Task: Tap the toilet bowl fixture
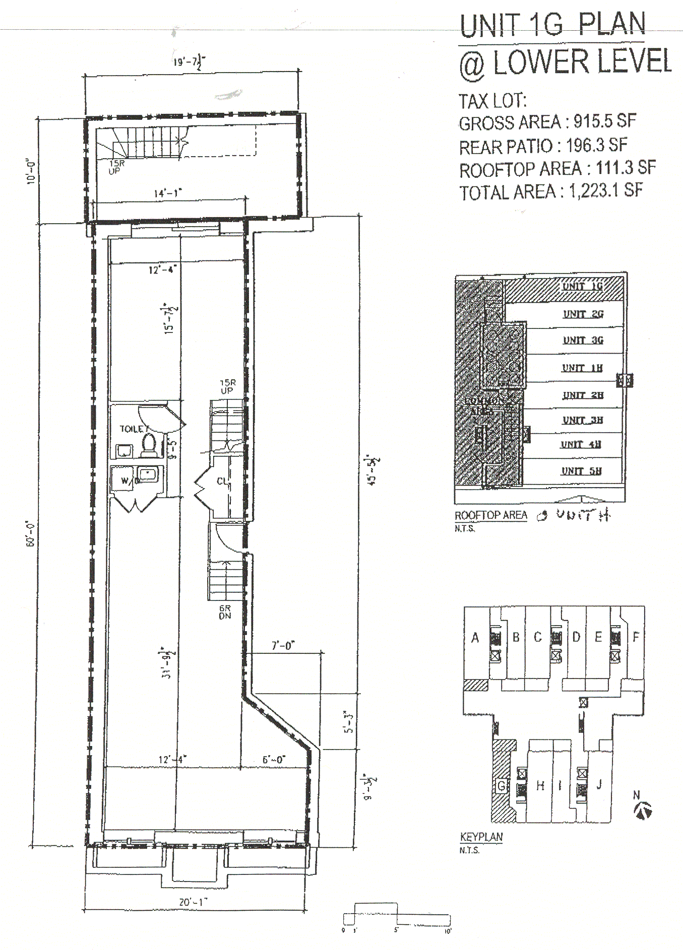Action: tap(149, 445)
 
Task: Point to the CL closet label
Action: tap(222, 481)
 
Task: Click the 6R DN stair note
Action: tap(225, 612)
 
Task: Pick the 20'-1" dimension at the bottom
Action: tap(194, 902)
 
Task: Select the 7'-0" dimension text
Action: tap(283, 645)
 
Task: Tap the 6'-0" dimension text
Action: tap(274, 759)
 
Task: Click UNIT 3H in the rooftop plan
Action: tap(582, 420)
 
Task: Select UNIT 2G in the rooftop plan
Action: tap(583, 314)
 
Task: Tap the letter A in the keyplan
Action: tap(475, 638)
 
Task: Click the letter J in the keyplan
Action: tap(599, 784)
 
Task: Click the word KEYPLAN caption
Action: tap(481, 837)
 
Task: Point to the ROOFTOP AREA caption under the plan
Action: tap(491, 515)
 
